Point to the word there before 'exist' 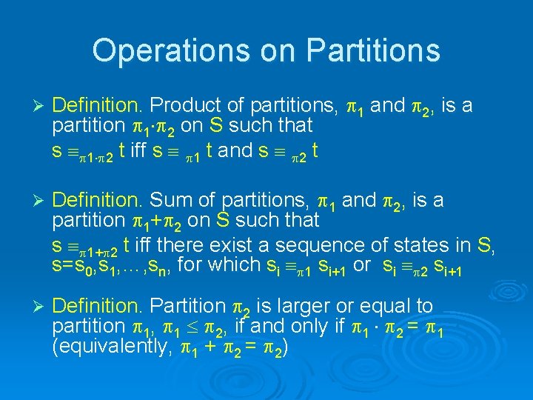point(170,244)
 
